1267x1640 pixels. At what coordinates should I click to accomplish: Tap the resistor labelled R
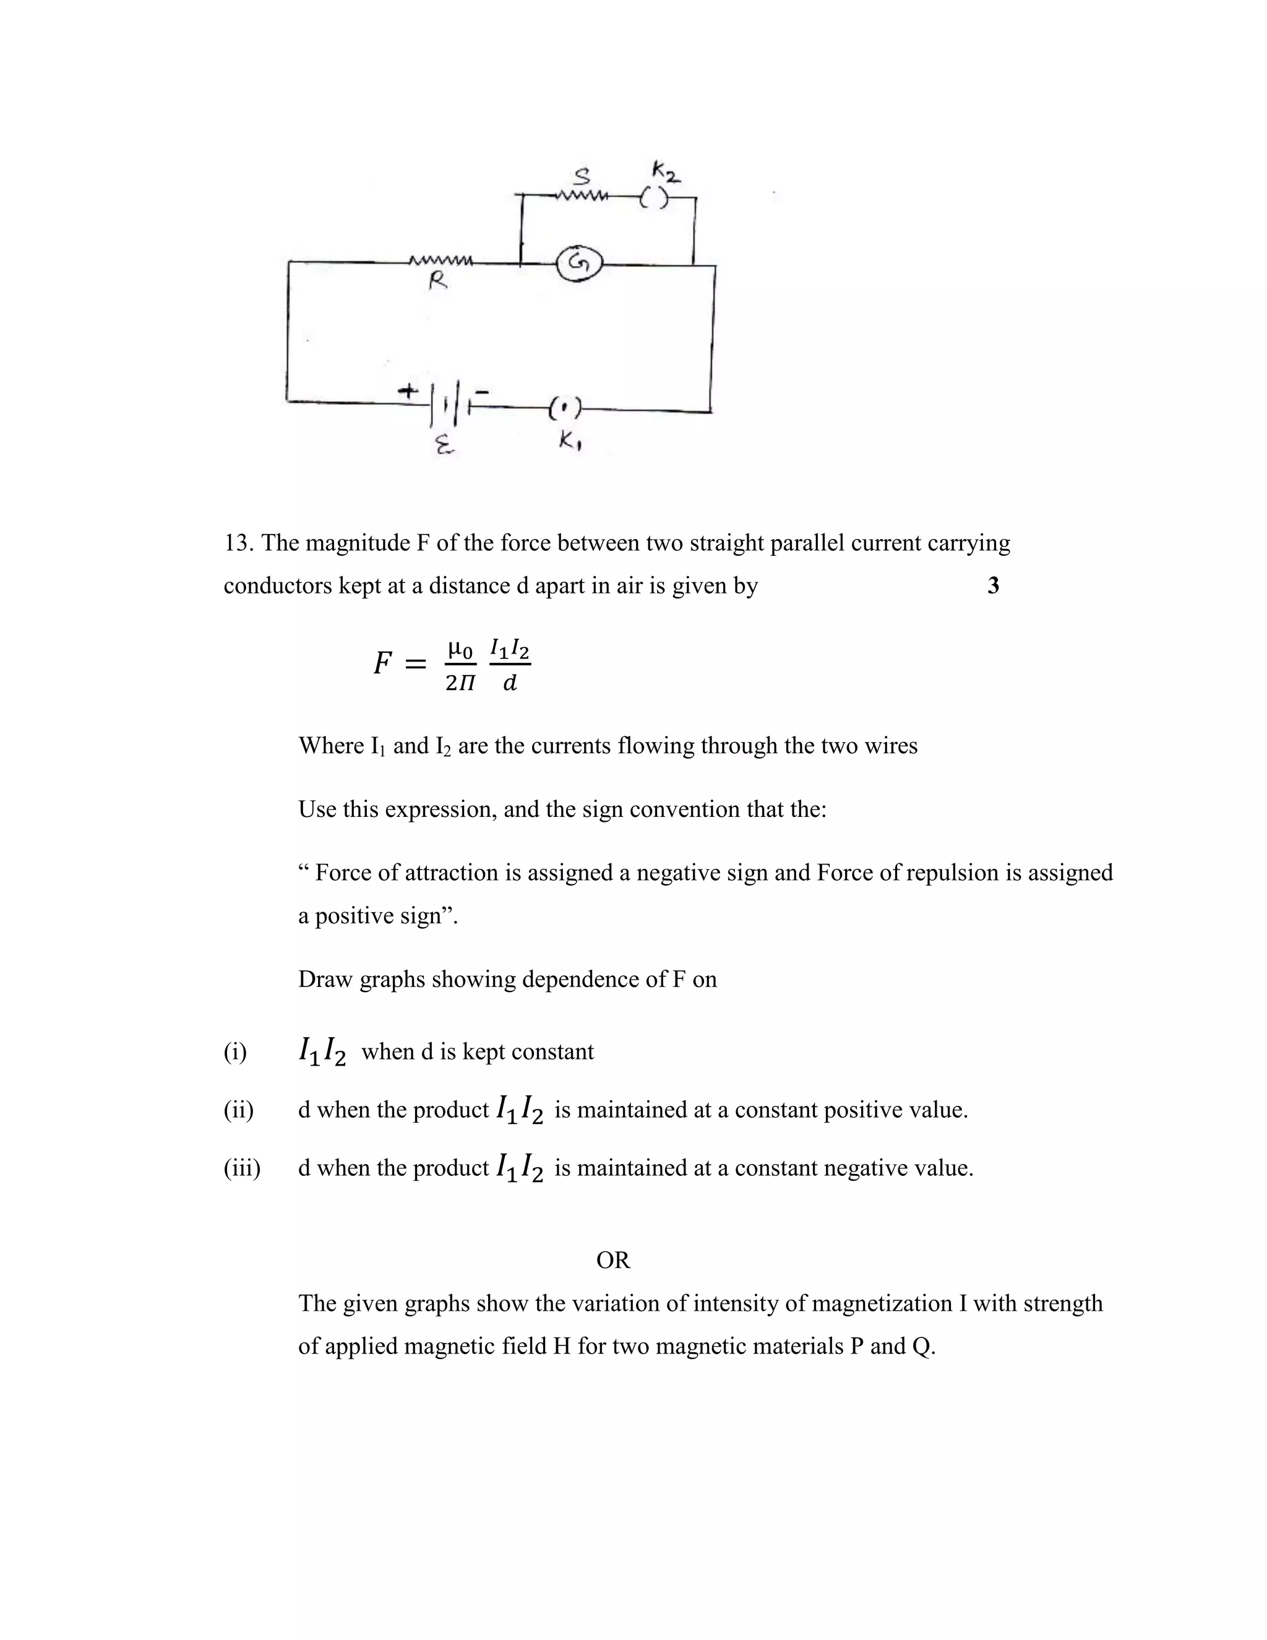440,262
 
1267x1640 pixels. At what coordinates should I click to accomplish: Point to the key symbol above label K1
564,409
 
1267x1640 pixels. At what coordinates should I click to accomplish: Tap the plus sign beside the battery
408,391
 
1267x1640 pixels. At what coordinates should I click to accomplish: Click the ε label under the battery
444,447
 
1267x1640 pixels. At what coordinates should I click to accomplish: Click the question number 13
238,543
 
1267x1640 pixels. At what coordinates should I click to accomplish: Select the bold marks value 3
993,585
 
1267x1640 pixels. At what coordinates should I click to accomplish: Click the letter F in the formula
383,663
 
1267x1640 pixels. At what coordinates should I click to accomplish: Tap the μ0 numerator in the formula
460,647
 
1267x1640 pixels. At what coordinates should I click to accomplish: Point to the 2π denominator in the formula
460,683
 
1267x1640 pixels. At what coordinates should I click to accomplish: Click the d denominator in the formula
510,683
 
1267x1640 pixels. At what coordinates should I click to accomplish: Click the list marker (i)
235,1051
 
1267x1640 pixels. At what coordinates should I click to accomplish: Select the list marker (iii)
242,1168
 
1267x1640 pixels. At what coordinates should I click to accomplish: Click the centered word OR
613,1260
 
